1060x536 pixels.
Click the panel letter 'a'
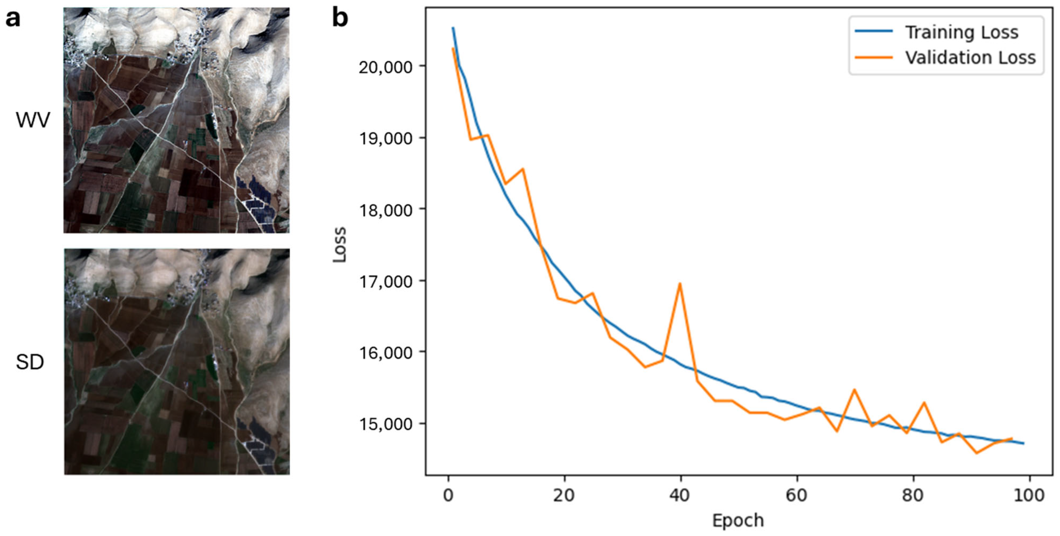tap(12, 18)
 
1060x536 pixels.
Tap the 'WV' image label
tap(33, 120)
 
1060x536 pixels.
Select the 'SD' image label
tap(30, 362)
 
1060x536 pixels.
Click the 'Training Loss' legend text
tap(961, 32)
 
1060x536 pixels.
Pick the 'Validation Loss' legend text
tap(970, 58)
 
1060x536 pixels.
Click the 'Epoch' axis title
tap(738, 521)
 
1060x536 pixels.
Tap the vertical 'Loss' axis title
tap(340, 245)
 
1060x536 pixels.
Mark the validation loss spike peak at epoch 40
tap(680, 284)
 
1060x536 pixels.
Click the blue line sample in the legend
tap(874, 31)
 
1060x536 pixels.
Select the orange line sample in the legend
tap(874, 57)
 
